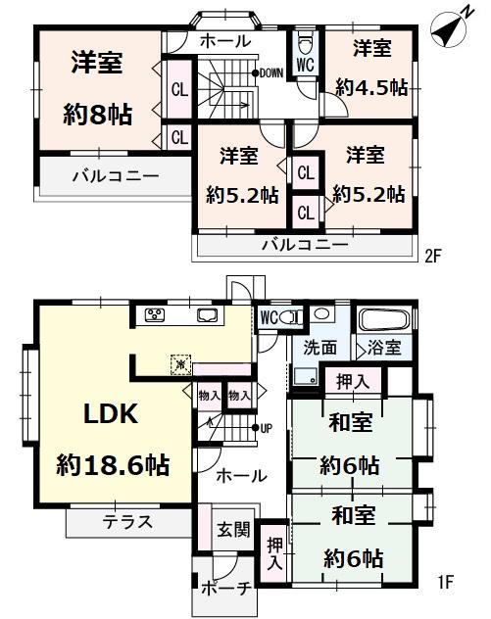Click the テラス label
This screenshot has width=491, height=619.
127,522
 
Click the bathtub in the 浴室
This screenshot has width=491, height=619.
384,318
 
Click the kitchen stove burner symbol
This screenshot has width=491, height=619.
157,314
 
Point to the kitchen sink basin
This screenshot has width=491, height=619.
208,314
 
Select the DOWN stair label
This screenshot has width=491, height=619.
270,72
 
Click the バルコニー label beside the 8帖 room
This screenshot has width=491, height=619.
114,177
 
